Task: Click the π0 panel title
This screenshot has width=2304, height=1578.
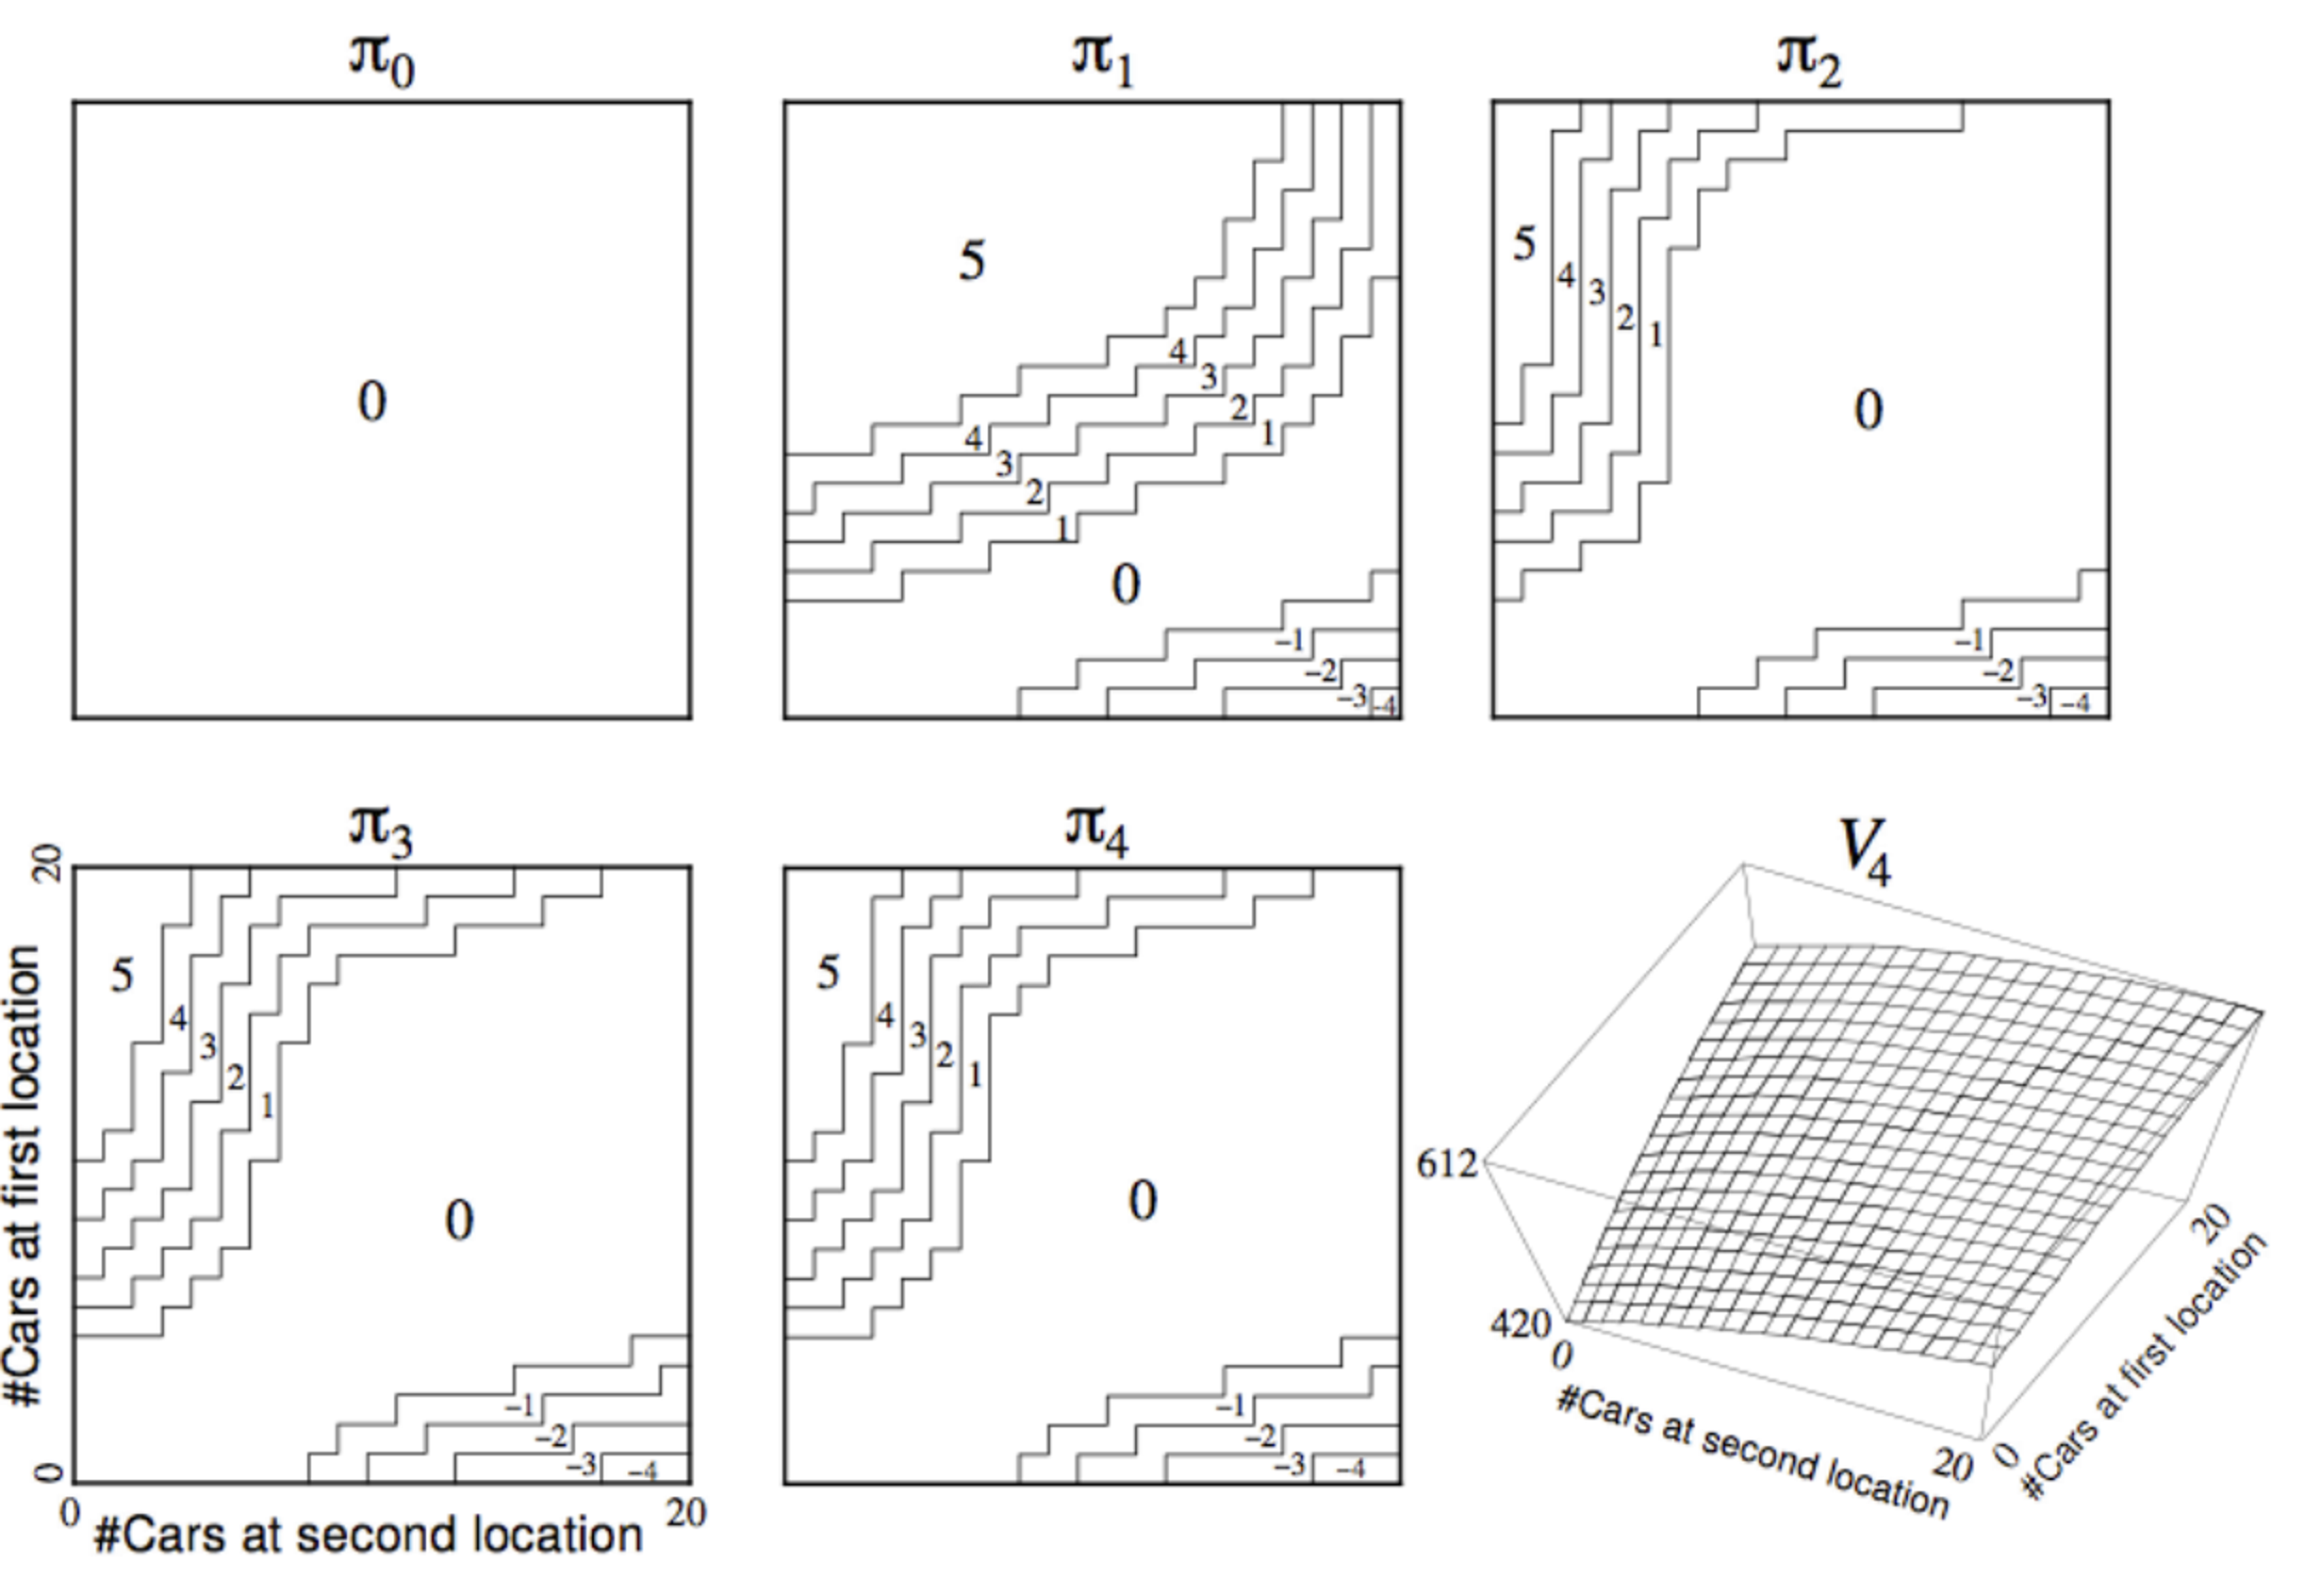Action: pyautogui.click(x=382, y=61)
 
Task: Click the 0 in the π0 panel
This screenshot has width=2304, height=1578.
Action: pyautogui.click(x=371, y=402)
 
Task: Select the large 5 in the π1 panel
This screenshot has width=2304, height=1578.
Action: pyautogui.click(x=972, y=262)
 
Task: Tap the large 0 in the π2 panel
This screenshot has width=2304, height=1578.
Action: pyautogui.click(x=1868, y=409)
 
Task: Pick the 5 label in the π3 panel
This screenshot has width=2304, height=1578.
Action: pyautogui.click(x=122, y=976)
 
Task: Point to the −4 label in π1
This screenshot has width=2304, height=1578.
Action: pyautogui.click(x=1384, y=706)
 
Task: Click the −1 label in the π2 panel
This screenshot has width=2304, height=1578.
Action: pyautogui.click(x=1969, y=641)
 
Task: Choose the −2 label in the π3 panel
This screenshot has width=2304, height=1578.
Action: pyautogui.click(x=551, y=1437)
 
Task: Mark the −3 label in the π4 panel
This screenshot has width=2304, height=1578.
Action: pyautogui.click(x=1289, y=1465)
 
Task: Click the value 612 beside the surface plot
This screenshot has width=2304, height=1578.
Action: pyautogui.click(x=1446, y=1163)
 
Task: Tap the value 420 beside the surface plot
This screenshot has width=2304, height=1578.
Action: pyautogui.click(x=1519, y=1324)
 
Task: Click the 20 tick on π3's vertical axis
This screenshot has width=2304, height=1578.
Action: pyautogui.click(x=47, y=864)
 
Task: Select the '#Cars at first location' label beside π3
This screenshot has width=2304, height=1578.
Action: pyautogui.click(x=24, y=1175)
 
